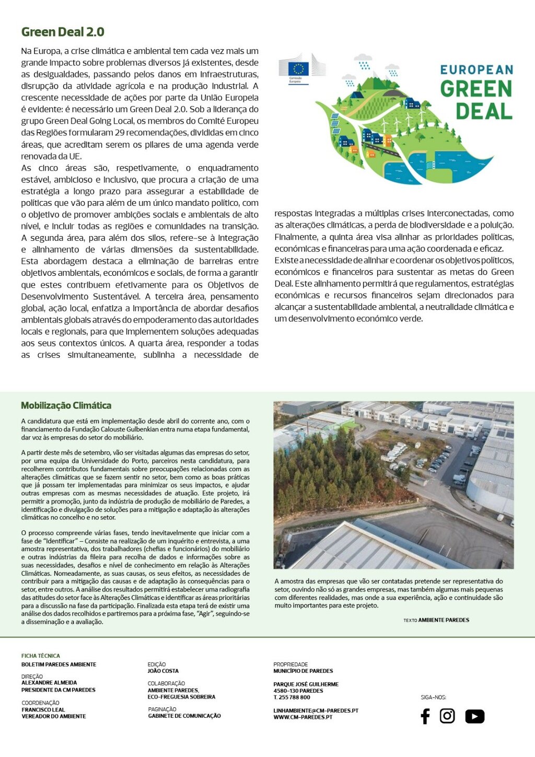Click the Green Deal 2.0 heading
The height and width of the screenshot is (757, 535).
pos(63,32)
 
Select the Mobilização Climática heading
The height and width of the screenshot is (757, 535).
pos(66,405)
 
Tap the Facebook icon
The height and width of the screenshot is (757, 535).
pos(425,716)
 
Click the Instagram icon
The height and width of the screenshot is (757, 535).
pos(447,716)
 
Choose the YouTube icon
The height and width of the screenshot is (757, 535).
pos(474,716)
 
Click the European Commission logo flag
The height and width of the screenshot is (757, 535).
pos(298,68)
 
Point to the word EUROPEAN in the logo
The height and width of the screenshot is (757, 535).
pos(476,69)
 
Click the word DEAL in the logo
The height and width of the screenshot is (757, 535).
pos(484,111)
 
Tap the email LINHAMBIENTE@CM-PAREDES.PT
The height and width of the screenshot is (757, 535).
pos(316,711)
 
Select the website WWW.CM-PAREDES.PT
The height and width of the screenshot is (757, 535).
pos(303,717)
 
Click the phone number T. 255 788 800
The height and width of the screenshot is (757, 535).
pos(292,697)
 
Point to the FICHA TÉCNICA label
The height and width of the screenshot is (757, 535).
pos(41,656)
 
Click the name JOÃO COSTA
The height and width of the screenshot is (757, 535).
pos(163,671)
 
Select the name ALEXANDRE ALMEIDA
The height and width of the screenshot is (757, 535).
pos(49,683)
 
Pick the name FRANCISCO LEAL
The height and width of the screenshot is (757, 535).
pos(43,710)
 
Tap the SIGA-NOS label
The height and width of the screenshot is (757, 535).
pos(434,697)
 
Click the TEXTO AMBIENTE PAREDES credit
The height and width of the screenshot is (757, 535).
pos(436,620)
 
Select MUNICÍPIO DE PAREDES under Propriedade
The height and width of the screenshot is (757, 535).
pos(303,671)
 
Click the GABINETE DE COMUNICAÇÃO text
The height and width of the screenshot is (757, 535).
pos(184,716)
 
